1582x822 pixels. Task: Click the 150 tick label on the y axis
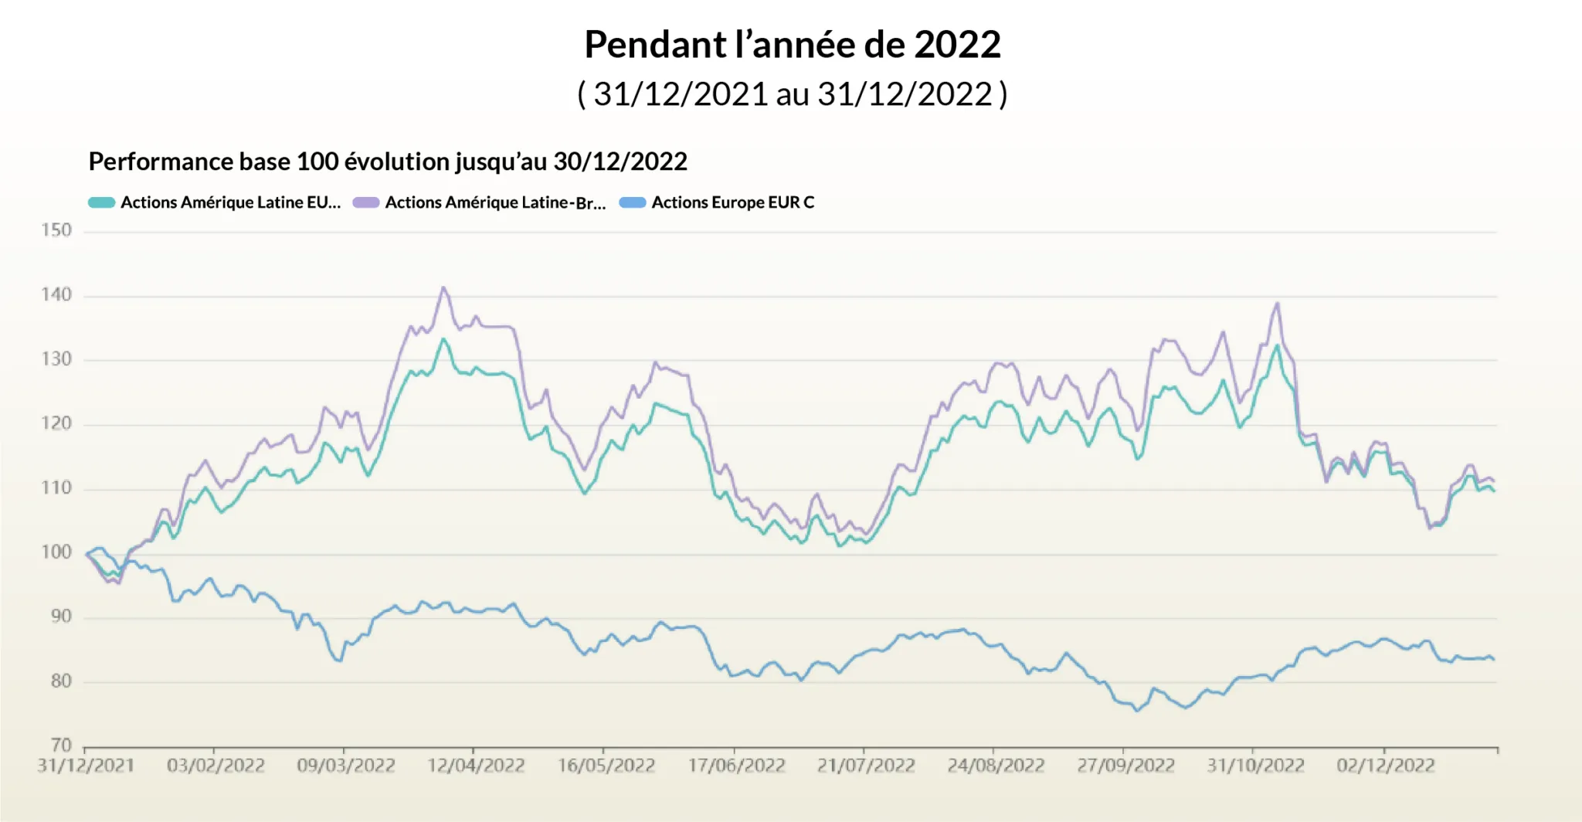pos(56,230)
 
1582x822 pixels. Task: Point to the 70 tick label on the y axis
pos(61,745)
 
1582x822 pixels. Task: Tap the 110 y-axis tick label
pos(56,487)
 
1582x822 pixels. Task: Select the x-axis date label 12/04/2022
pos(476,766)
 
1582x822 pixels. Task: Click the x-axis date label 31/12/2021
pos(86,766)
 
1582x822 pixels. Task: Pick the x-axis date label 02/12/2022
pos(1386,766)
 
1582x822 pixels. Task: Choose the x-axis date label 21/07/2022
pos(866,766)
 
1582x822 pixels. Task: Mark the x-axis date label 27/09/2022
pos(1125,766)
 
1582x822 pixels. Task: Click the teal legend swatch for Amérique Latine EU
pos(101,202)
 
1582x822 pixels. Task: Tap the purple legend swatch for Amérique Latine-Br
pos(366,202)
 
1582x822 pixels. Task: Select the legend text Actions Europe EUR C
pos(732,202)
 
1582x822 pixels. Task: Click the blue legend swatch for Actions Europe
pos(632,202)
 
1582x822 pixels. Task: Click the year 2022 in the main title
pos(957,45)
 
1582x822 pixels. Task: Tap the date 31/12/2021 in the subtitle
pos(681,94)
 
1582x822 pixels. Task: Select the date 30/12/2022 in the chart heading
pos(620,161)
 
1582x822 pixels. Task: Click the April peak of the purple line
pos(443,287)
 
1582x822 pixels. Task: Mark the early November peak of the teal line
pos(1277,345)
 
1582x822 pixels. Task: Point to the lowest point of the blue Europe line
pos(1137,710)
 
